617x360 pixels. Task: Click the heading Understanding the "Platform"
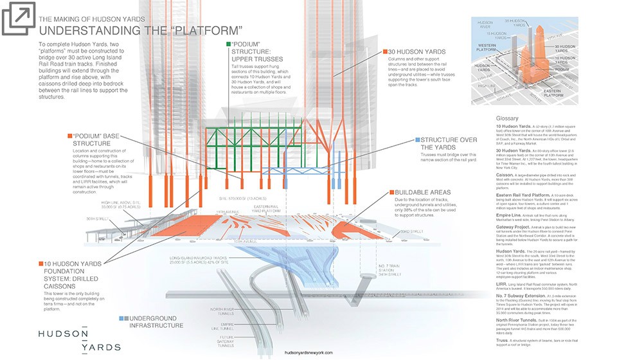point(141,30)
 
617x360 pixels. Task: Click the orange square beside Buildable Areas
point(391,192)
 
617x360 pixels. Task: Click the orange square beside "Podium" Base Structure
point(70,136)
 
